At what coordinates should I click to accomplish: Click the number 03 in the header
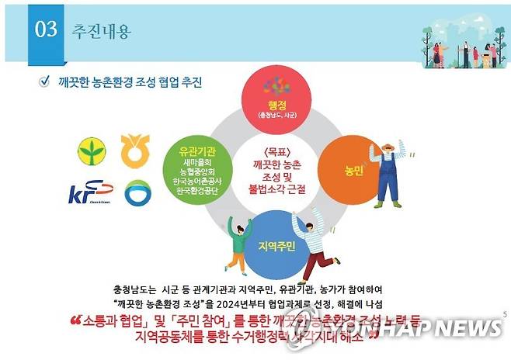click(x=47, y=30)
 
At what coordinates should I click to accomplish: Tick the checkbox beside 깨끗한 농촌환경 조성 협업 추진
click(x=44, y=81)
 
